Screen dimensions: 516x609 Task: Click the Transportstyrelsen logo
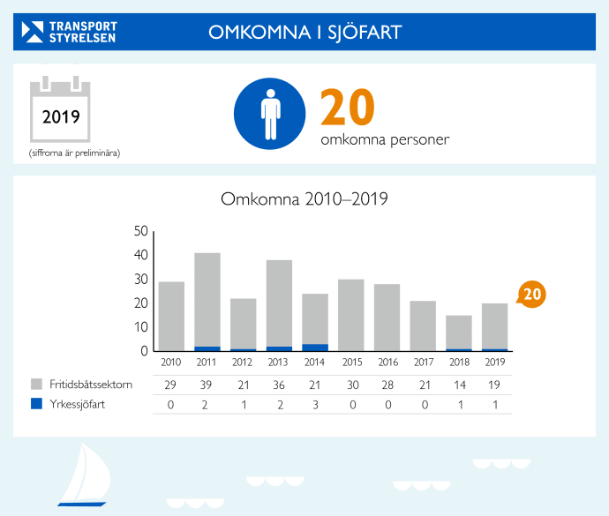tap(69, 32)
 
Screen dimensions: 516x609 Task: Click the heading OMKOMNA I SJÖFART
tap(304, 33)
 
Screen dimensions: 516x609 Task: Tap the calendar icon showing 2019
tap(62, 110)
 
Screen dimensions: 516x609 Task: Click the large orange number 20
tap(347, 108)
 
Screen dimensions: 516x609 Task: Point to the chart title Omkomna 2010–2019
tap(304, 199)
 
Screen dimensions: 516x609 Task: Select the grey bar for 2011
tap(207, 300)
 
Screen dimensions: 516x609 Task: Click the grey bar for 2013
tap(279, 303)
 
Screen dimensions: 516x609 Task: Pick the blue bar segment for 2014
tap(315, 348)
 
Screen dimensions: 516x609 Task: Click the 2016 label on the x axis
tap(387, 362)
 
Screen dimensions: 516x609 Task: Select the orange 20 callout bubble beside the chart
tap(530, 295)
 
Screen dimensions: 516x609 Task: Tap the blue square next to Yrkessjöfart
tap(37, 405)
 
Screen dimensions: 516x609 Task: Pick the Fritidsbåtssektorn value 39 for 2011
tap(207, 385)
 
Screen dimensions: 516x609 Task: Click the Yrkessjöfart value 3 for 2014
tap(315, 405)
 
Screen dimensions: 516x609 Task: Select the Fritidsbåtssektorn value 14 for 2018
tap(459, 385)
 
